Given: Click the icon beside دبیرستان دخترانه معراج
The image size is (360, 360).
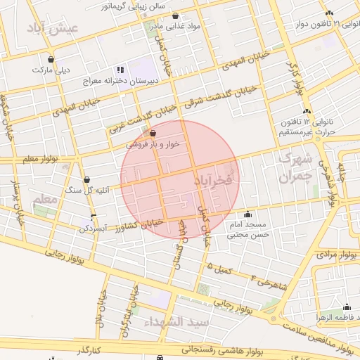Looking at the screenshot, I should click(x=120, y=70).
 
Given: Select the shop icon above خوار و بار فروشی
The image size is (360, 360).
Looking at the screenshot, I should click(x=153, y=132).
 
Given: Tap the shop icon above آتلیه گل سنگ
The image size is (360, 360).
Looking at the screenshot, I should click(x=86, y=180).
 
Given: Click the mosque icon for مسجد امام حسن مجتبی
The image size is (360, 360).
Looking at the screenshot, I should click(x=247, y=214).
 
